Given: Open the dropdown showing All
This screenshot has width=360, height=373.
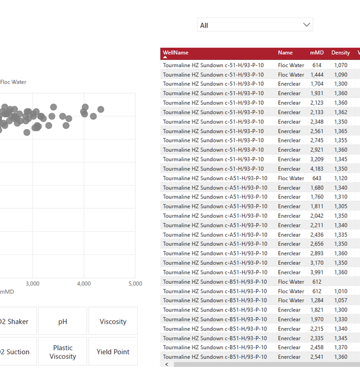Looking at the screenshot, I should coord(255,25).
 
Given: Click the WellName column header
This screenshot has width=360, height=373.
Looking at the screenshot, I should coord(176,53).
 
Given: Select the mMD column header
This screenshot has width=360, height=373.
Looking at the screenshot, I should coord(317,53).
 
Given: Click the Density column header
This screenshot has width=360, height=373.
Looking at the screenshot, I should coord(341,53).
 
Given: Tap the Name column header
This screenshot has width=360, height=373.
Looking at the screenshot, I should coord(285,53).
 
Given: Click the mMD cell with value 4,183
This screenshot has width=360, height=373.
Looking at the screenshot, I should coord(317,168).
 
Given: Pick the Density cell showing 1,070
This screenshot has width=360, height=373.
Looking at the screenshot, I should coord(341,65).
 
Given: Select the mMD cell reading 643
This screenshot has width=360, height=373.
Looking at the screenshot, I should coord(317,178).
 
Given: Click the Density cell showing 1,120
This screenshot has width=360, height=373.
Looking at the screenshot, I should coord(341,178).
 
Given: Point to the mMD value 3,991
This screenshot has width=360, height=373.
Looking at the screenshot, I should coord(317,272).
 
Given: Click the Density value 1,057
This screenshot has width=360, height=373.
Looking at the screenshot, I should coord(341,300).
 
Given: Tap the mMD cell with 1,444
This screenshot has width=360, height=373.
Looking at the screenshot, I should coord(317,75).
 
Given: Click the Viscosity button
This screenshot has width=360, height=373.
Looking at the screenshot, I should coord(113,321).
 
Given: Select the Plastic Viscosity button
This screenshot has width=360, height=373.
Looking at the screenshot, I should coord(63,352).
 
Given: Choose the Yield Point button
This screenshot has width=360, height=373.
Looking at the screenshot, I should coord(113,352).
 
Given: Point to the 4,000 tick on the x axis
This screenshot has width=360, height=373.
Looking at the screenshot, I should coord(84,284).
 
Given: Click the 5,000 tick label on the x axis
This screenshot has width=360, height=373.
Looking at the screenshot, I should coord(135,284).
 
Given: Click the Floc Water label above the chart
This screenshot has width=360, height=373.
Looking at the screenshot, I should coord(13,82).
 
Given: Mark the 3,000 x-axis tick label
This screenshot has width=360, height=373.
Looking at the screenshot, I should coord(33,284).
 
